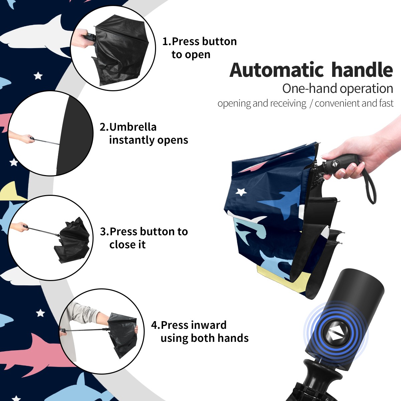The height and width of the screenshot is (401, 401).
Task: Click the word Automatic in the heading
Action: [277, 70]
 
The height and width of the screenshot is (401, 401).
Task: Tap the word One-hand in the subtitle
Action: [310, 88]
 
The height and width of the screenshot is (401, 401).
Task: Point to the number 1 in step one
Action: [165, 42]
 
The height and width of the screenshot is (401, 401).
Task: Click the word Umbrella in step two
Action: [133, 127]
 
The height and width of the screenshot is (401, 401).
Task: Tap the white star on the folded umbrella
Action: [241, 192]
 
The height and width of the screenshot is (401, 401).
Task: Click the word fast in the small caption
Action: [386, 103]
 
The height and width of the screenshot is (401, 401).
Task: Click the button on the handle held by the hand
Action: [334, 164]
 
